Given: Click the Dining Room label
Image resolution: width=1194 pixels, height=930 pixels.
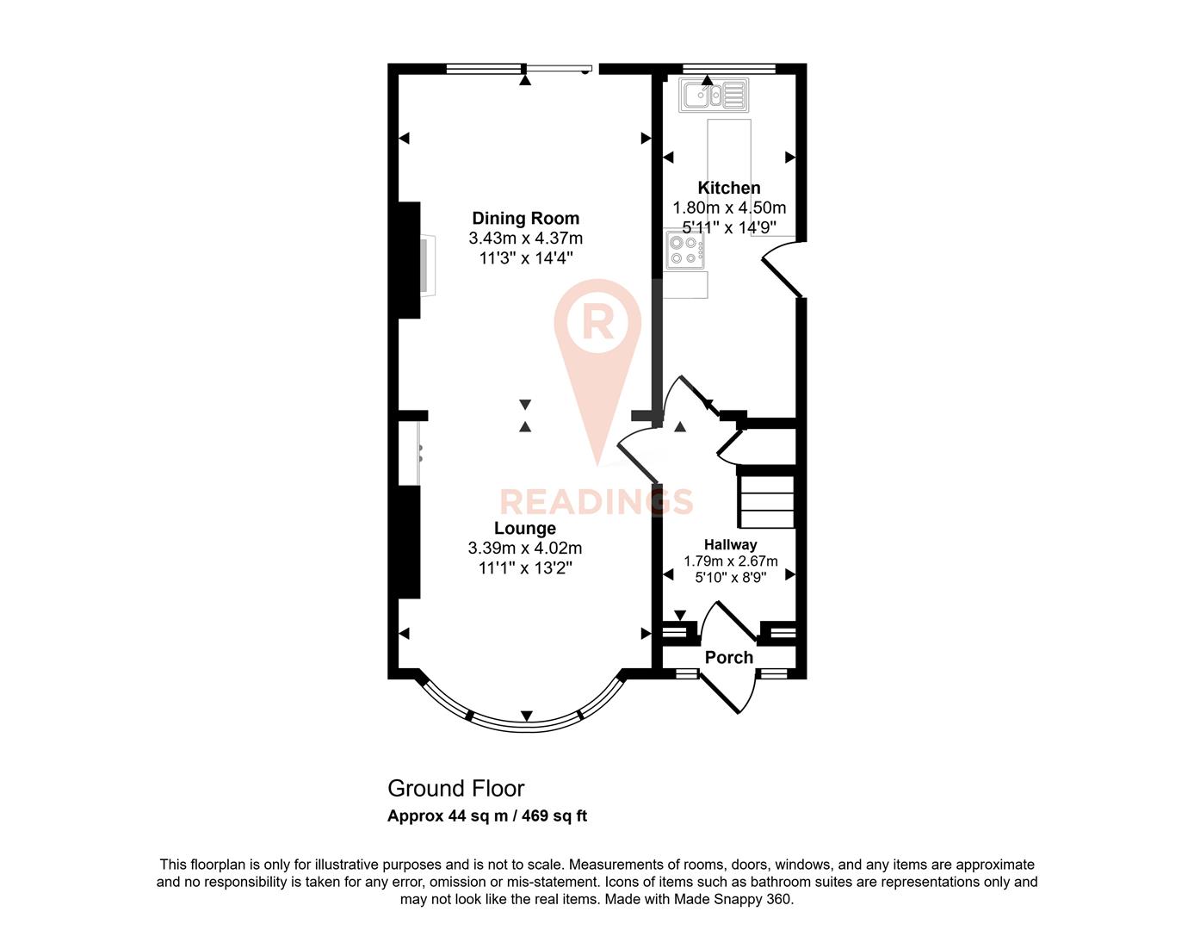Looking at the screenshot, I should [x=525, y=218].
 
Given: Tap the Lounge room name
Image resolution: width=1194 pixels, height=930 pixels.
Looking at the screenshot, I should [x=524, y=528].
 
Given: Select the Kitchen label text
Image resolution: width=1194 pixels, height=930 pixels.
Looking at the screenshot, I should [x=728, y=188].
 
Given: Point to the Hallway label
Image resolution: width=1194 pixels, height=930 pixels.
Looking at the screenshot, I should [x=730, y=544].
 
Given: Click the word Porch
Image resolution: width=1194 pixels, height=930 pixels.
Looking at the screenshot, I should [x=728, y=657].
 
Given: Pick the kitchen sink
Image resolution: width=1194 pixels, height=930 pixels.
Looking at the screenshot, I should [x=714, y=96].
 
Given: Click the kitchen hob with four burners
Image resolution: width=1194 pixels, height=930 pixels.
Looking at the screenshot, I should [x=684, y=251].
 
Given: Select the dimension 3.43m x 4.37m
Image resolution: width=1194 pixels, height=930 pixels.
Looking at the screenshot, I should [x=525, y=238].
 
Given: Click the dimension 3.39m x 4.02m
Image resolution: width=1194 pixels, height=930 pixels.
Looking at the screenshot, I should [x=524, y=548].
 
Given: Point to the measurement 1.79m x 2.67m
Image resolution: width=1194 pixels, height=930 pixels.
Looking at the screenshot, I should [x=730, y=561].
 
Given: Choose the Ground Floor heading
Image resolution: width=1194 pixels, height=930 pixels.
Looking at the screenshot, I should [x=455, y=788].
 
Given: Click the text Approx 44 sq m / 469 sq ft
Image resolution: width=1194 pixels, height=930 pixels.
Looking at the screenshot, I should [x=487, y=815].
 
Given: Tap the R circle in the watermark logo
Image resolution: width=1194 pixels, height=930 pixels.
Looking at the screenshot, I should [x=597, y=322].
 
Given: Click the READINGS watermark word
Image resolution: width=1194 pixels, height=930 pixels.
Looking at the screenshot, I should [x=597, y=501].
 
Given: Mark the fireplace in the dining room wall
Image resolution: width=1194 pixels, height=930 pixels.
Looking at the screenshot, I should [x=427, y=264].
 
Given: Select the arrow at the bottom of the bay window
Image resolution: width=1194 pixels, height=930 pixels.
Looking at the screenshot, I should [x=527, y=716].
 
